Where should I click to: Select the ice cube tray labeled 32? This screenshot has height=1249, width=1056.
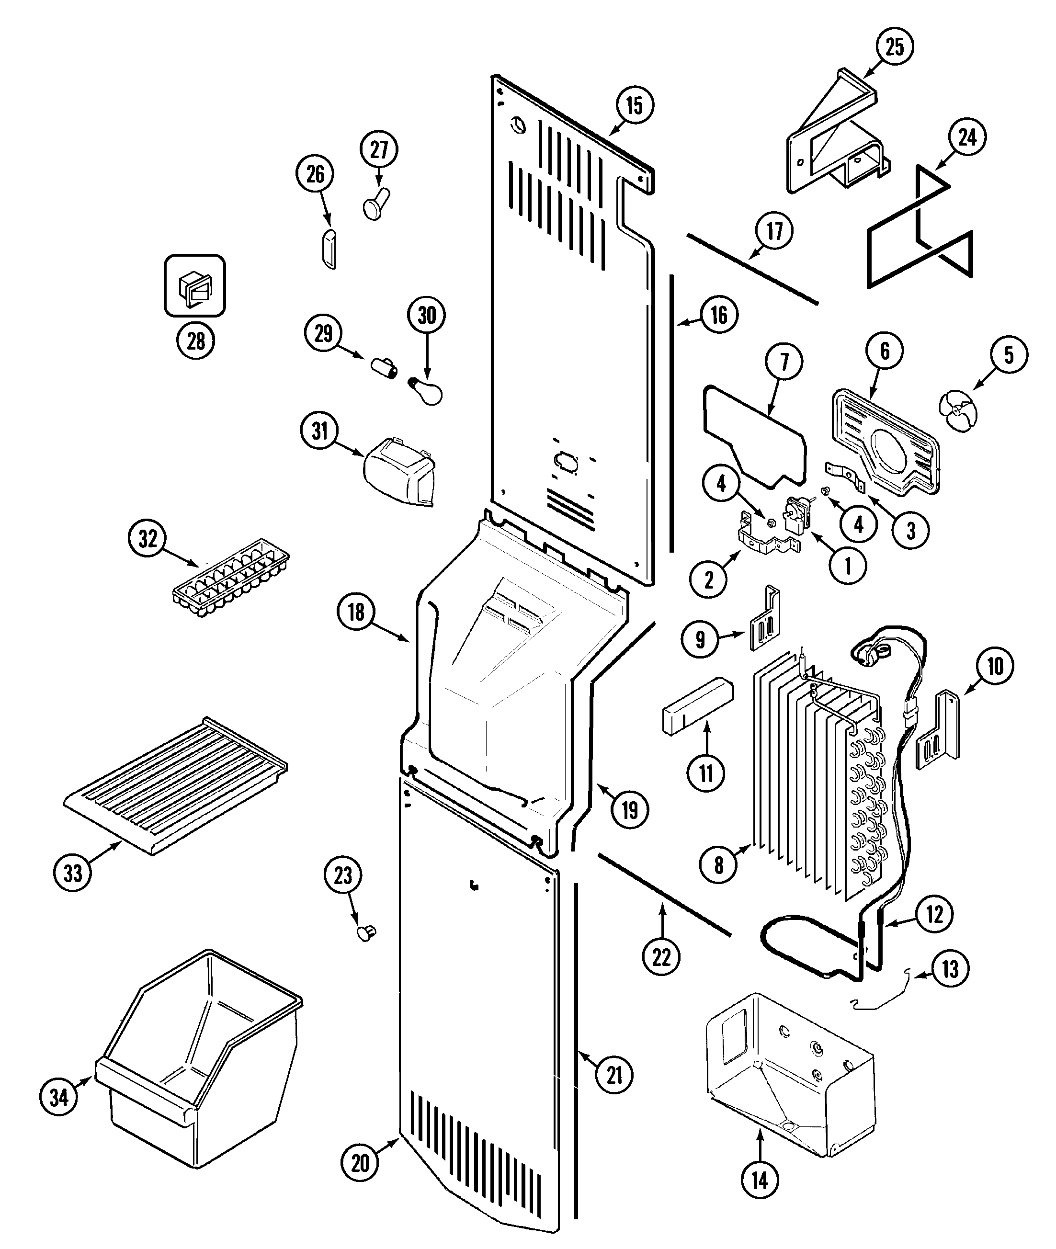pyautogui.click(x=231, y=579)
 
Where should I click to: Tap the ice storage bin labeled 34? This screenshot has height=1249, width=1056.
pyautogui.click(x=201, y=1063)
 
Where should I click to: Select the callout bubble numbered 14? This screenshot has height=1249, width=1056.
pyautogui.click(x=760, y=1181)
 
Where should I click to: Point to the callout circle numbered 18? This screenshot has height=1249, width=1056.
pyautogui.click(x=356, y=612)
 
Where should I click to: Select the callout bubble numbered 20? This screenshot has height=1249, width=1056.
pyautogui.click(x=360, y=1163)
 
